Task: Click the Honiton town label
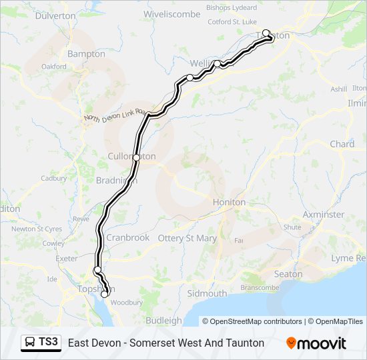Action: click(x=229, y=202)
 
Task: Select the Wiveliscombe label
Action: click(x=171, y=13)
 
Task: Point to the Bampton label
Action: click(x=87, y=53)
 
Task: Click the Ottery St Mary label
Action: click(x=187, y=238)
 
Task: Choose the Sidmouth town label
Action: click(x=207, y=293)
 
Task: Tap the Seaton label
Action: click(x=288, y=274)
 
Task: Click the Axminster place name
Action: click(x=324, y=215)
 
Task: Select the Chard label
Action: click(x=342, y=144)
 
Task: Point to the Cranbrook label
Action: click(x=128, y=237)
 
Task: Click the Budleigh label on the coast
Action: click(x=163, y=320)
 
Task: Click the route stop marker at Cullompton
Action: click(x=136, y=158)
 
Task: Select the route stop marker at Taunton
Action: click(x=266, y=33)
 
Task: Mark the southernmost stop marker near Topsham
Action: click(x=104, y=294)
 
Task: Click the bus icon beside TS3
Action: click(x=30, y=343)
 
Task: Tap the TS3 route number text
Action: click(x=48, y=343)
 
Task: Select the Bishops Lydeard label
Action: click(x=232, y=8)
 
